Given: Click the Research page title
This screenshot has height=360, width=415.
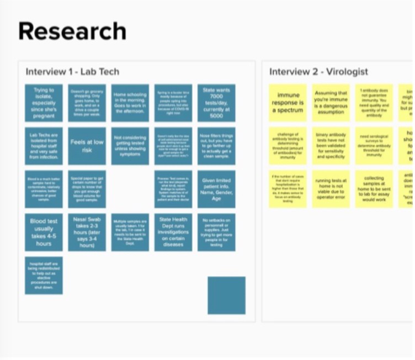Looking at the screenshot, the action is (72, 31).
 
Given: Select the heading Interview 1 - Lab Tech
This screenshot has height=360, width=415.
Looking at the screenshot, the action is (72, 72).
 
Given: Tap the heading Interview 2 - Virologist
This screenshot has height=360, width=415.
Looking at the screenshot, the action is (318, 72).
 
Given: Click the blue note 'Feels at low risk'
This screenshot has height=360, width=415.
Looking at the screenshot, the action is (87, 146).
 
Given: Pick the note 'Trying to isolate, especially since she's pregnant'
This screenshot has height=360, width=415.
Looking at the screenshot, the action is (44, 103).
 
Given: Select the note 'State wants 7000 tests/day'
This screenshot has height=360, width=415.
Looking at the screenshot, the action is (216, 103).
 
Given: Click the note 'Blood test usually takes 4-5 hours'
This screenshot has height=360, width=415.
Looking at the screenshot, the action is (44, 232).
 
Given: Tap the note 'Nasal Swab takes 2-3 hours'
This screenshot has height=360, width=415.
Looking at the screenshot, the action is (87, 232).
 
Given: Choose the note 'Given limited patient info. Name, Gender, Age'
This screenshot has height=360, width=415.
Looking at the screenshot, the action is (216, 189).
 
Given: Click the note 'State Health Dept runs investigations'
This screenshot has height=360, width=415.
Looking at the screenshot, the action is (173, 232).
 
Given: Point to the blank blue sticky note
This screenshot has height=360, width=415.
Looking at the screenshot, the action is (226, 295).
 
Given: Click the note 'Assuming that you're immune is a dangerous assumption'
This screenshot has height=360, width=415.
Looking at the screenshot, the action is (331, 103).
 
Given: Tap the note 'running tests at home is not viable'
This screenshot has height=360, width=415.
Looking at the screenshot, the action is (331, 189).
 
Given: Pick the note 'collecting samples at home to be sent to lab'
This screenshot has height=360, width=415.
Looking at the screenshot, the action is (374, 189).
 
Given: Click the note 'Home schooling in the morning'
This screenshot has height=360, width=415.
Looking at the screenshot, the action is (130, 103).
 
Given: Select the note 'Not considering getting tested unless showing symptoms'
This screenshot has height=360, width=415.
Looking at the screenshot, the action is (130, 146).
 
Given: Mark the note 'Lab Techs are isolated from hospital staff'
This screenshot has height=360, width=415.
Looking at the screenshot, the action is (44, 146).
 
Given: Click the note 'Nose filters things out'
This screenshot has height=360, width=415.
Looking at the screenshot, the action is (216, 146).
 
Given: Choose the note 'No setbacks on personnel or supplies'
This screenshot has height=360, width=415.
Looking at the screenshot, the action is (216, 232).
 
